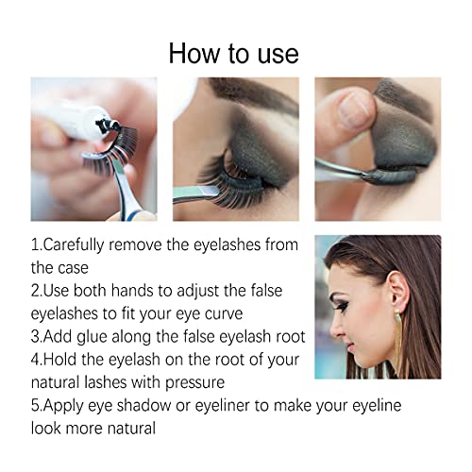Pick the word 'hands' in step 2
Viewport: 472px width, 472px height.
point(146,290)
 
